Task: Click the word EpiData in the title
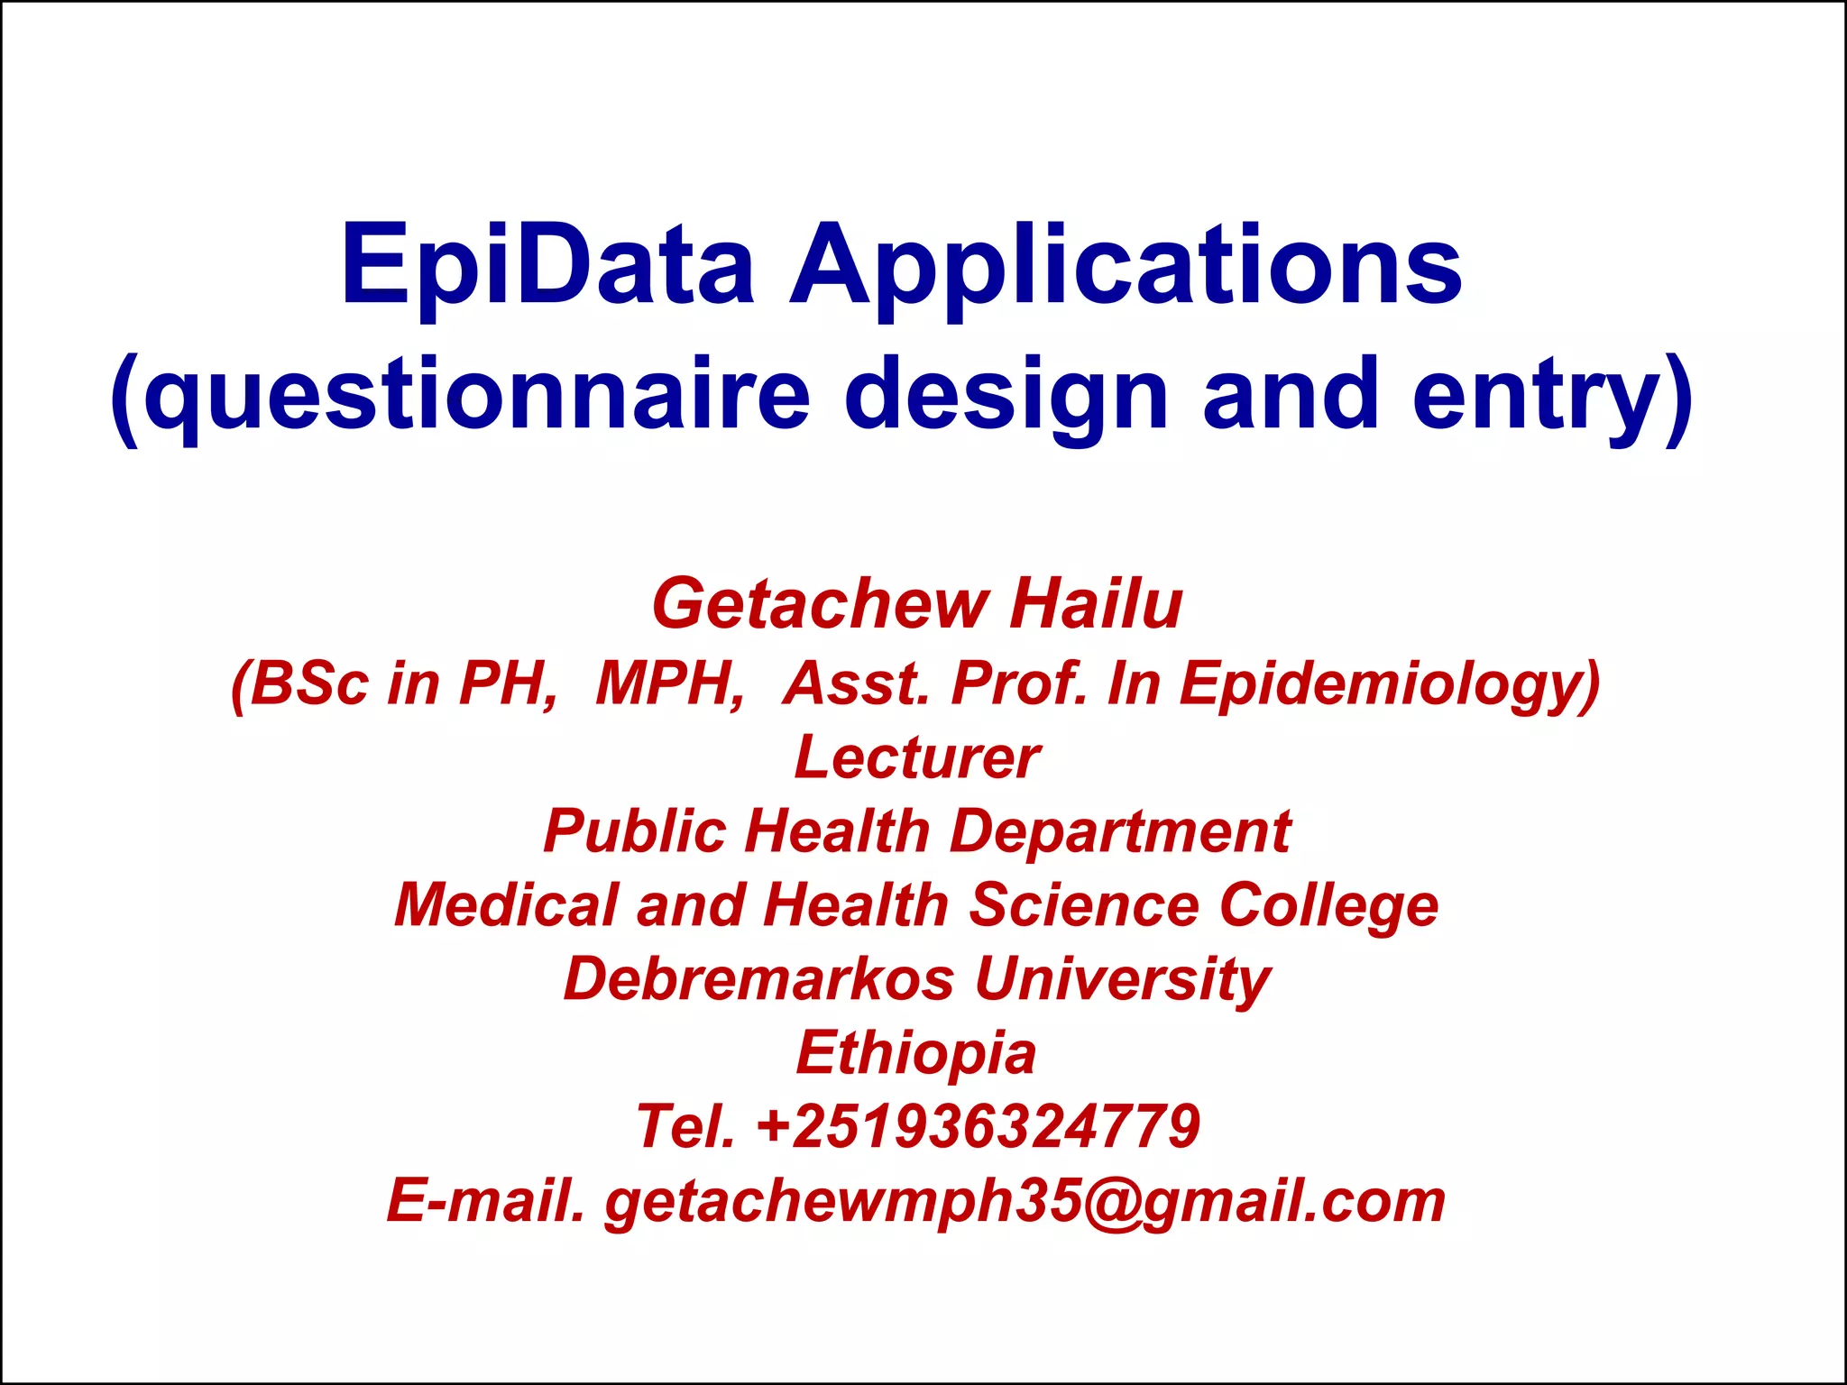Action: point(547,266)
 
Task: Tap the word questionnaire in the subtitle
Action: point(478,395)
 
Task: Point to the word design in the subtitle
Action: point(1006,395)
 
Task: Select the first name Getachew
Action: point(819,604)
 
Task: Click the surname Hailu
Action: point(1096,604)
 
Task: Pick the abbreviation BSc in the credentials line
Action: point(309,683)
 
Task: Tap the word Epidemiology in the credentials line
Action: point(1389,683)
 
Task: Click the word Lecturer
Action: point(917,757)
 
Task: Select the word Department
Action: point(1120,830)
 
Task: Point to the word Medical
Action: point(506,904)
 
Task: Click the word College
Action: point(1328,904)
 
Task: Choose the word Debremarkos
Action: point(758,979)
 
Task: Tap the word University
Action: point(1123,979)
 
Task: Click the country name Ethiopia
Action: point(916,1053)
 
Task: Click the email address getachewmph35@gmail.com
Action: point(1025,1201)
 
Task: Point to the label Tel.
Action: point(685,1127)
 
